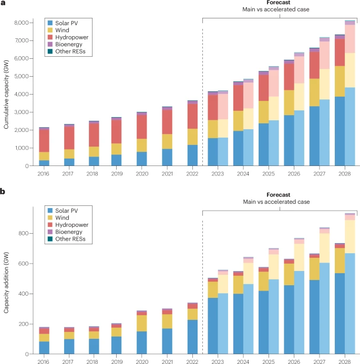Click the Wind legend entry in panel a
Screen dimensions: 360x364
click(58, 30)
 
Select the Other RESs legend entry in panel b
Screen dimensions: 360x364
click(66, 239)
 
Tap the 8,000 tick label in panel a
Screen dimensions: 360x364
click(22, 23)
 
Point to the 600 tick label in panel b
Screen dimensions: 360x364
click(24, 264)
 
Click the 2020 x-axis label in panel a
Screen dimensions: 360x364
click(142, 174)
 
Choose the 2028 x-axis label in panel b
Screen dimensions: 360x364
click(345, 361)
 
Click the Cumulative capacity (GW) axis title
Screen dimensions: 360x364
click(6, 95)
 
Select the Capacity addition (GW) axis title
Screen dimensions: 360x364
click(6, 283)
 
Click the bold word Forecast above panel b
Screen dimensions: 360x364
click(278, 194)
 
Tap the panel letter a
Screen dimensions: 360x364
click(3, 3)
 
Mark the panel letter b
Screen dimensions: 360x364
click(3, 192)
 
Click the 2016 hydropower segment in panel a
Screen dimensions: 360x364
click(44, 141)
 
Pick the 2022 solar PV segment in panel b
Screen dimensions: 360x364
click(192, 337)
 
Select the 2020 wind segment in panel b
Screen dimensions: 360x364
click(142, 323)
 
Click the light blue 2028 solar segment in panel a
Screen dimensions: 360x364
click(350, 127)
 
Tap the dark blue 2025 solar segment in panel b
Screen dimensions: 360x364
click(264, 323)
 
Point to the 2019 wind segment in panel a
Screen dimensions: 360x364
click(116, 149)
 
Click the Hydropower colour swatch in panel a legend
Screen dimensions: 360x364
click(50, 37)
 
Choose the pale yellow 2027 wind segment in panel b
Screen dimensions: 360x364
click(324, 248)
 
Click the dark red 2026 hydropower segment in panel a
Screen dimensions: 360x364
click(289, 77)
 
